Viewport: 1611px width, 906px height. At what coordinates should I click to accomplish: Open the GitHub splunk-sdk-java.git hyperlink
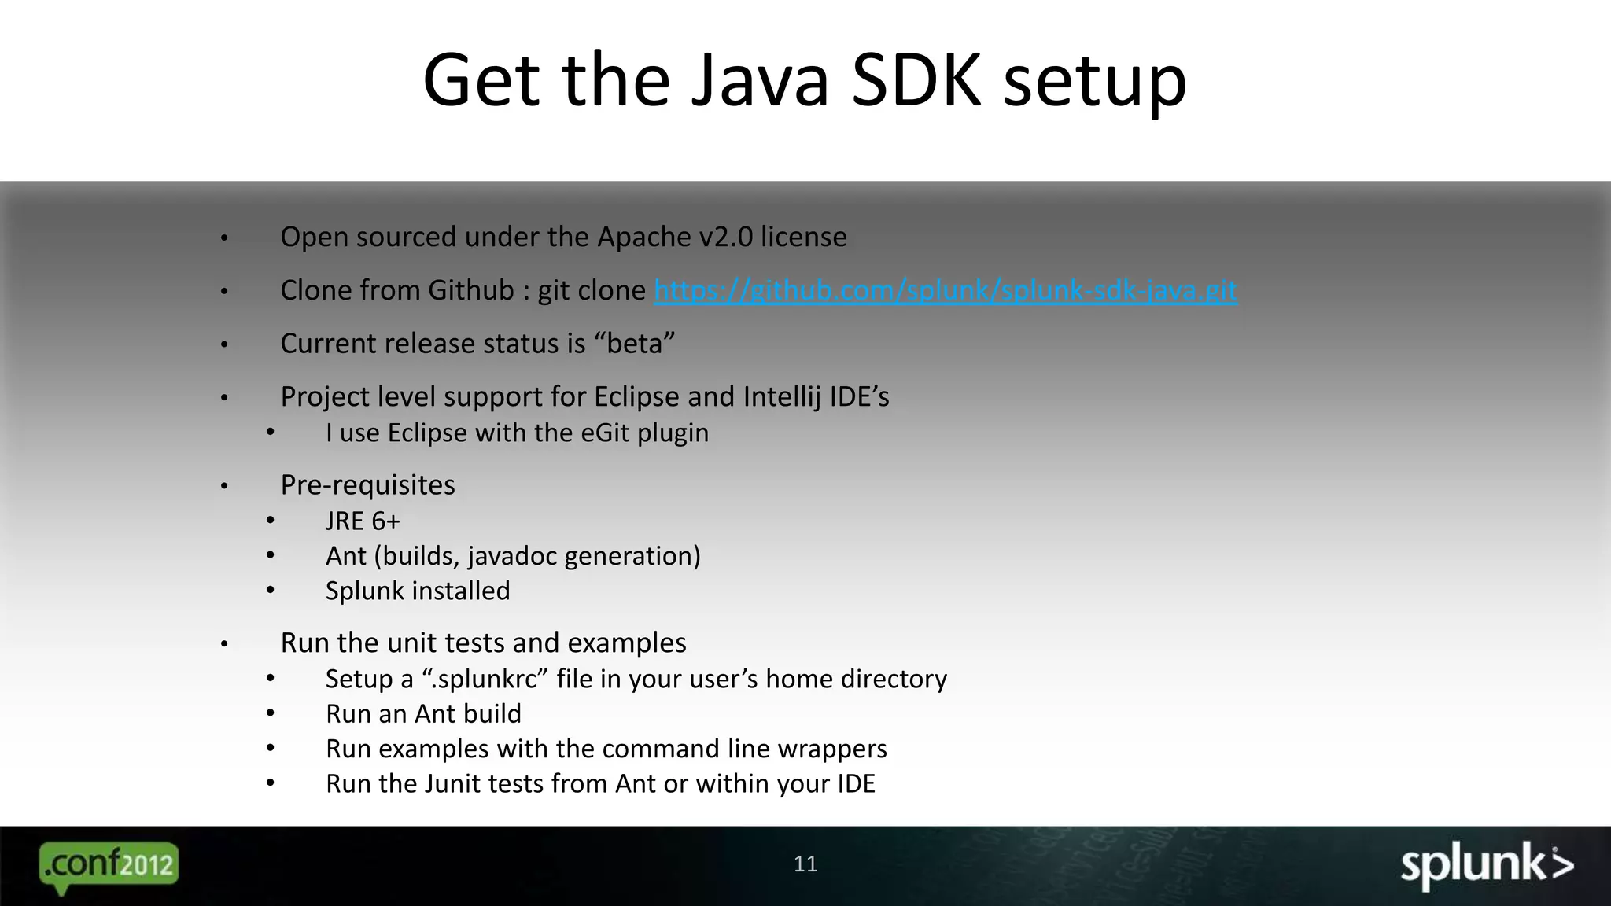tap(946, 290)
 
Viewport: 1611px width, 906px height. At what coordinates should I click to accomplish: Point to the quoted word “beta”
tap(635, 344)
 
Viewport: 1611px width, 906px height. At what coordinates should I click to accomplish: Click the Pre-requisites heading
tap(367, 484)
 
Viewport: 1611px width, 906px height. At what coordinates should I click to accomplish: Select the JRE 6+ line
tap(363, 521)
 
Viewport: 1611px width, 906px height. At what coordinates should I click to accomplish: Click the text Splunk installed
tap(418, 591)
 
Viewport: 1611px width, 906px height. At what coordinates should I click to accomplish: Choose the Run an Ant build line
tap(423, 713)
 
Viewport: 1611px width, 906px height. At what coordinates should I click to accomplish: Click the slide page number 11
tap(805, 864)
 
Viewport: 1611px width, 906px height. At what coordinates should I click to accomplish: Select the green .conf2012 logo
tap(109, 866)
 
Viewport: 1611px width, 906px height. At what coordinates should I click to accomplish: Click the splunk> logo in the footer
tap(1486, 866)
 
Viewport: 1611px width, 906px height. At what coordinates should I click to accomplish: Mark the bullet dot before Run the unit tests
tap(224, 644)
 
